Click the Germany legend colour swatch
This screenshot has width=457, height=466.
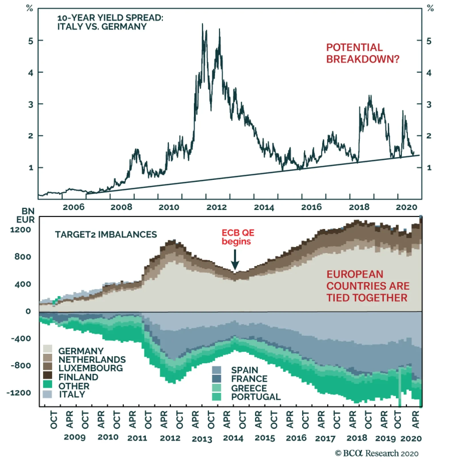click(47, 349)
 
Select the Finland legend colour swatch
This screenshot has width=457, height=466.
click(47, 375)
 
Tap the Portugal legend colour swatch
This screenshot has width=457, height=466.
click(217, 397)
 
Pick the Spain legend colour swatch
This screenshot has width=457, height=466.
click(217, 370)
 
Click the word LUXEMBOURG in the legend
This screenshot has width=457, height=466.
click(91, 368)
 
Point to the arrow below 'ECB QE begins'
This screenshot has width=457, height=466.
click(235, 260)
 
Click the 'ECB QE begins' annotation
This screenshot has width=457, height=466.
click(238, 237)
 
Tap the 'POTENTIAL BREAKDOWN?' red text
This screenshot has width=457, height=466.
click(362, 53)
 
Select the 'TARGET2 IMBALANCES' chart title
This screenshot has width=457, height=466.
click(106, 234)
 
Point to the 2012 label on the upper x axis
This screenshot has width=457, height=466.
click(217, 207)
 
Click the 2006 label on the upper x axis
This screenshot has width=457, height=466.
click(73, 207)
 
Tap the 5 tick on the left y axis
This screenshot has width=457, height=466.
click(31, 41)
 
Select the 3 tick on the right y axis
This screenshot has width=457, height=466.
click(429, 105)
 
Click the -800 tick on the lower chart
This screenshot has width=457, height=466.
click(21, 365)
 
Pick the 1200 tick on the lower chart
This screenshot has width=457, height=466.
click(21, 230)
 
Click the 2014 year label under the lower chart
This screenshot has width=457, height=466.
click(233, 438)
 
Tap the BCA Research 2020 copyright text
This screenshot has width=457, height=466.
click(376, 453)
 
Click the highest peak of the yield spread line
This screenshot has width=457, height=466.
click(203, 24)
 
